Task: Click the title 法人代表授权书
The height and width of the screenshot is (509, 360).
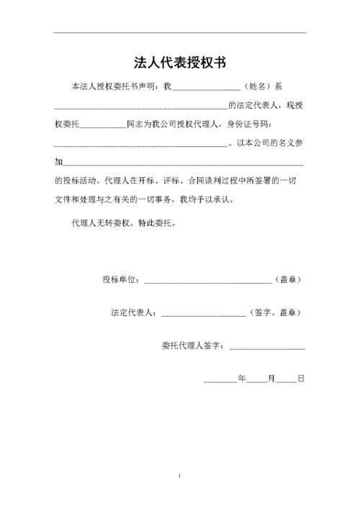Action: point(180,62)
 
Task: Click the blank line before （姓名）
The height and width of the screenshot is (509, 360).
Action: point(207,87)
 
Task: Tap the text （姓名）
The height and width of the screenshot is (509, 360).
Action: point(256,86)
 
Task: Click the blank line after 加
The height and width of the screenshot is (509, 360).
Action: point(184,162)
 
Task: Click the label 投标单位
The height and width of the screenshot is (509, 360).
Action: point(122,279)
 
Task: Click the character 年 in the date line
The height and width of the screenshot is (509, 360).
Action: point(242,377)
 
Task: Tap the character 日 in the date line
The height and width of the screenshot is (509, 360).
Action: point(300,377)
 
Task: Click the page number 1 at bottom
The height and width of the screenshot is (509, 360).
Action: point(179,477)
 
